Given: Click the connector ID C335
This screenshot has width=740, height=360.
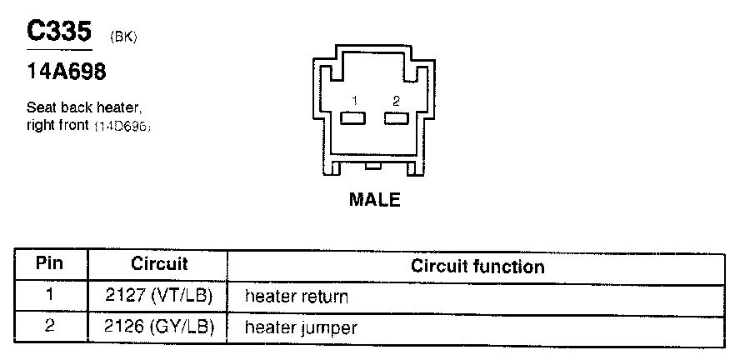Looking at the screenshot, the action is (x=58, y=32).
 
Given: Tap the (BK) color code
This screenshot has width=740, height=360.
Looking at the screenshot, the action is (x=122, y=38).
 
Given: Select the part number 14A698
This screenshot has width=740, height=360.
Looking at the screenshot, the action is (x=67, y=72).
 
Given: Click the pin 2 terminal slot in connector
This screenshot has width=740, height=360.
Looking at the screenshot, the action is (x=396, y=118).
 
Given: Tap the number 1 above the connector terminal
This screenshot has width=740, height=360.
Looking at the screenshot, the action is (x=354, y=101).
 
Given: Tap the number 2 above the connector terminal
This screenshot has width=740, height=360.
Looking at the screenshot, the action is (x=396, y=101).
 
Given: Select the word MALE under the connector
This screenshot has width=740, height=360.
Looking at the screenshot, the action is (x=375, y=200).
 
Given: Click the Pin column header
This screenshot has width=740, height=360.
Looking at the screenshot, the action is (x=50, y=265).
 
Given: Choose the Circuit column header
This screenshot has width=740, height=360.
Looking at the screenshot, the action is (x=159, y=265).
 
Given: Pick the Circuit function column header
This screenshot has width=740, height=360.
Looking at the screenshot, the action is (x=477, y=267).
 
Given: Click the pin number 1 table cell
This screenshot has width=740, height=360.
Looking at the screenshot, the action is (x=50, y=296).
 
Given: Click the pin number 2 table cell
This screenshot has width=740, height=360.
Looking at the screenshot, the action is (x=50, y=327).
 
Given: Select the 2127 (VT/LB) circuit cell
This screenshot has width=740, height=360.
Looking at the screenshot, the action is (x=159, y=296).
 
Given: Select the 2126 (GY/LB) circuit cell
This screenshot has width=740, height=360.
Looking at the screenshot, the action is (x=159, y=327).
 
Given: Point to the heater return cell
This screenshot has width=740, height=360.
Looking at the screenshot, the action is (x=296, y=297).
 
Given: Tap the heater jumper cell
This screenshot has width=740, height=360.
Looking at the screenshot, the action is (x=300, y=328).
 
